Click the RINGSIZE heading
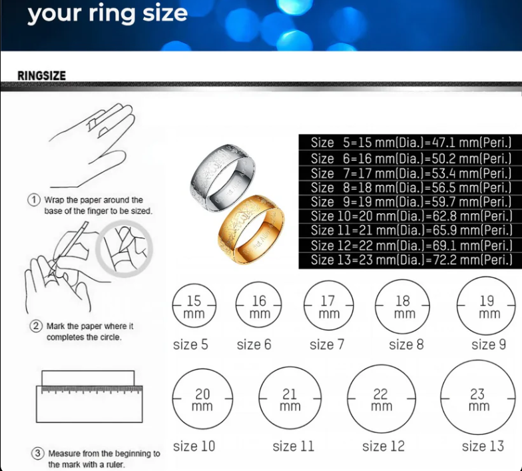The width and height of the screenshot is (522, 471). (x=41, y=75)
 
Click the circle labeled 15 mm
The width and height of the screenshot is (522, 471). (x=194, y=307)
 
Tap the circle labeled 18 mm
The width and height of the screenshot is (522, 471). (x=403, y=308)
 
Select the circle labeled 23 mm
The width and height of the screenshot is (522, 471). (x=479, y=400)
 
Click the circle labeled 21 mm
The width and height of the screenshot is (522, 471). (x=290, y=400)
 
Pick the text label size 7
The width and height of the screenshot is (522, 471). (x=326, y=344)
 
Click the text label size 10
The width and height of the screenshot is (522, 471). (x=194, y=446)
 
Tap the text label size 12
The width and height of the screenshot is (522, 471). (x=383, y=446)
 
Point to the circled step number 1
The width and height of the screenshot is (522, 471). (x=33, y=201)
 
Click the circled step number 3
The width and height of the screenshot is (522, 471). (x=38, y=454)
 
